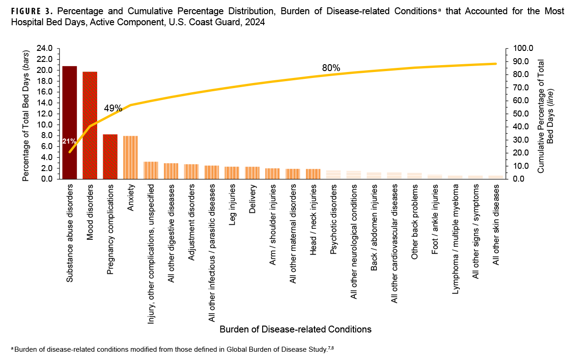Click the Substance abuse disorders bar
pos(70,122)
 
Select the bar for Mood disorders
pos(90,125)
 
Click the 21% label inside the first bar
pos(70,141)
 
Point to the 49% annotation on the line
pos(113,109)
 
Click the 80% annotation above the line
pos(331,68)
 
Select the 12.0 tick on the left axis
pos(45,114)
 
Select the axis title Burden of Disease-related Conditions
pos(295,329)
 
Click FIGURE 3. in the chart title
pos(30,11)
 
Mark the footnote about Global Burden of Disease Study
pos(175,350)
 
